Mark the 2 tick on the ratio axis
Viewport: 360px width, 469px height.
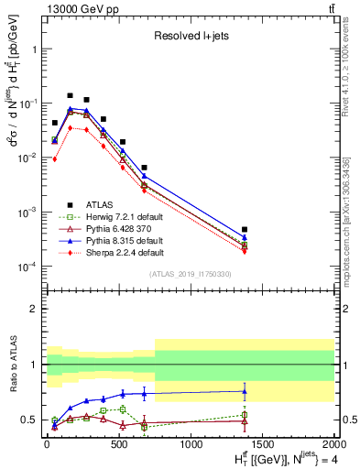(37, 309)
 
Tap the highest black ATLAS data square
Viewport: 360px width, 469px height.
(70, 95)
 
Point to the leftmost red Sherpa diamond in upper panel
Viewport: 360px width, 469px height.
(55, 158)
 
